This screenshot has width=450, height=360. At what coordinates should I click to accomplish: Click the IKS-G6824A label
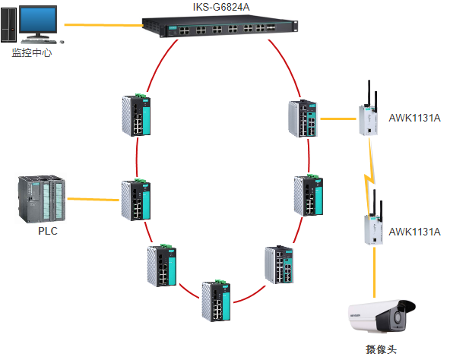(221, 7)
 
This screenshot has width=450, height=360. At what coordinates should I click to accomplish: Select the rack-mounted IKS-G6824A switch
(220, 27)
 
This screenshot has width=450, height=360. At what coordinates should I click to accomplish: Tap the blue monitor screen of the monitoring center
(37, 20)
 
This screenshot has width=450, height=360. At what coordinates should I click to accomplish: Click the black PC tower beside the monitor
(8, 24)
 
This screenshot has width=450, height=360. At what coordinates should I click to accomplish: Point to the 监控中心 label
(32, 52)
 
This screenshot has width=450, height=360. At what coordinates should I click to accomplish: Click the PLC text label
(48, 231)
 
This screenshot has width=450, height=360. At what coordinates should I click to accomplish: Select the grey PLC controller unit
(41, 199)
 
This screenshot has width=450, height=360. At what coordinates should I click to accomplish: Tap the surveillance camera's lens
(398, 317)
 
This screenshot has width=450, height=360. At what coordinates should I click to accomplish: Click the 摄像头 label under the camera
(381, 349)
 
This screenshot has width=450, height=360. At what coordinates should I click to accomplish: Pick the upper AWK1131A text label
(414, 118)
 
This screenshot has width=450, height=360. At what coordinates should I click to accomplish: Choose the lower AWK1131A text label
(414, 232)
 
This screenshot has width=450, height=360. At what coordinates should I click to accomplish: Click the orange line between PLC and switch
(93, 199)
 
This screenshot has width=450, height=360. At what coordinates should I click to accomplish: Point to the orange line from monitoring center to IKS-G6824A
(103, 25)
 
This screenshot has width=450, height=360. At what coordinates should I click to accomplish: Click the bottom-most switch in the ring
(216, 301)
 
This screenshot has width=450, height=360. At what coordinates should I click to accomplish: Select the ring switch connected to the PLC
(136, 200)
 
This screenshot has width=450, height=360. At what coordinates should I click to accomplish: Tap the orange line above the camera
(374, 273)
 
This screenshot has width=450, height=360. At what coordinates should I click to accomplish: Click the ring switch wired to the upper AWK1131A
(303, 118)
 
